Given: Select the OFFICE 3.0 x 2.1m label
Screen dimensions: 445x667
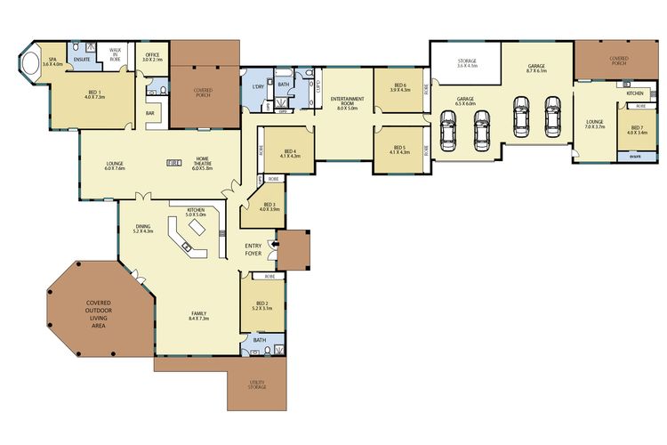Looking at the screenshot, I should coord(152,57).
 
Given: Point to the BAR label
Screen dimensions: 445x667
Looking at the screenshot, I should coord(150,114).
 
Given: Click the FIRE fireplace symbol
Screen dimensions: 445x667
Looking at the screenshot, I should coord(174,162).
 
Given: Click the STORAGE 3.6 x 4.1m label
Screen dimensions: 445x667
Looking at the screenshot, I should coord(467,63).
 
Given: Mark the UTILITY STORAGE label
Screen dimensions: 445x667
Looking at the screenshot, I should coord(257,384).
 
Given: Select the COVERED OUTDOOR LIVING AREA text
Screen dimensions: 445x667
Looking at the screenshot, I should coord(98,314).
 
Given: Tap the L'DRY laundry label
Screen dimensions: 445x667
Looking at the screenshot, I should coord(259,86).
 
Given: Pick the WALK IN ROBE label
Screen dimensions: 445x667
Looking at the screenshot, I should coord(115,53).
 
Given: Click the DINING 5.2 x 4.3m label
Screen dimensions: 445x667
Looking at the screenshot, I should coord(143,229).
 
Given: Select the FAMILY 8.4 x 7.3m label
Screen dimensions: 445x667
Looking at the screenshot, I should coord(198,316).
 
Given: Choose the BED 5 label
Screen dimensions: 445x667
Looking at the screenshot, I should coord(399,150).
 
